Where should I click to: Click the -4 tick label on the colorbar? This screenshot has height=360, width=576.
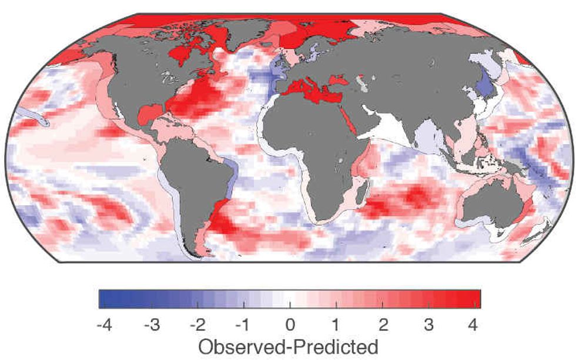[101, 324]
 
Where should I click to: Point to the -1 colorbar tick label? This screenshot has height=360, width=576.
[242, 324]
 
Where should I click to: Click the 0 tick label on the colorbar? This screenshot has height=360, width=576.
[289, 324]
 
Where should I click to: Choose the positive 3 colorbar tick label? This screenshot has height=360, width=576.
[430, 324]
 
